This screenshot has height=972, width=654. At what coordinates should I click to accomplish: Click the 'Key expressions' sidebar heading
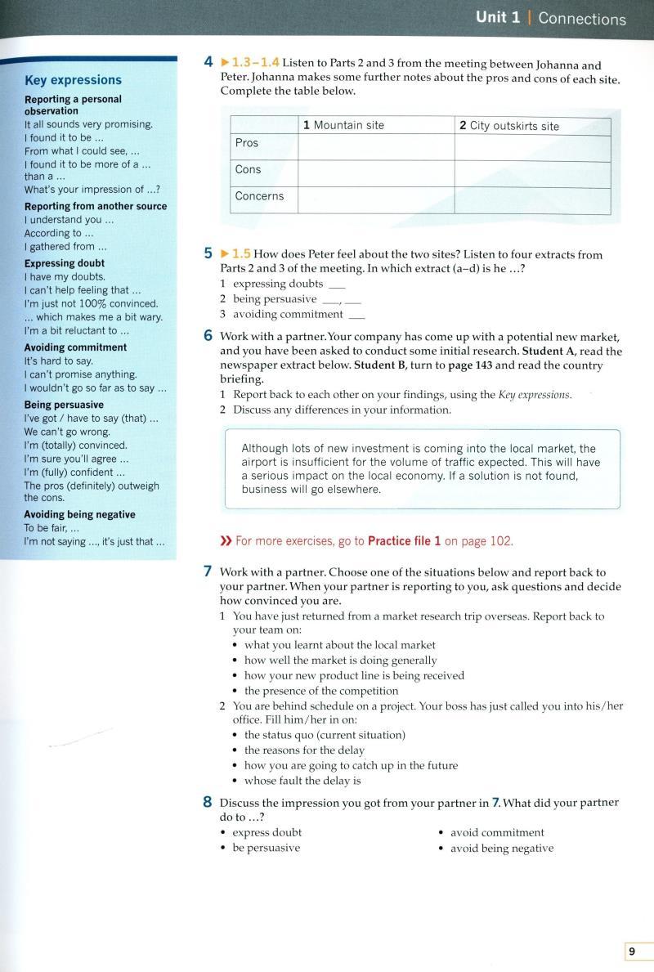[x=73, y=80]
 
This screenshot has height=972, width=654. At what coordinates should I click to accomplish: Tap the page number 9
[x=631, y=951]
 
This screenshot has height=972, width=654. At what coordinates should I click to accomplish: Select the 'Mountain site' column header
[x=343, y=125]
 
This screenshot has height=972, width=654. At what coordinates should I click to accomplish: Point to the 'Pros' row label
[x=247, y=143]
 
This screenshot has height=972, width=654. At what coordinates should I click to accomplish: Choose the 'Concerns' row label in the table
[x=259, y=196]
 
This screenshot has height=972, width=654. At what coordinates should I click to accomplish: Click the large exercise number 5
[x=208, y=254]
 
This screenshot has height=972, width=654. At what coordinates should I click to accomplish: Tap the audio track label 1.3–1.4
[x=256, y=62]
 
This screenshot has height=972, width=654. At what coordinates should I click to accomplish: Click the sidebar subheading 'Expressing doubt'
[x=65, y=263]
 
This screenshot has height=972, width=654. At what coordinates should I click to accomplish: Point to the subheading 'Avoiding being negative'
[x=80, y=514]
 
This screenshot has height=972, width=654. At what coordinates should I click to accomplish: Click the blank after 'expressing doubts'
[x=336, y=284]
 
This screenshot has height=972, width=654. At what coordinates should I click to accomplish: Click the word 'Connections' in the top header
[x=582, y=19]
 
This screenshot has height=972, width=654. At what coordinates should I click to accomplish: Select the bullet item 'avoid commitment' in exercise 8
[x=497, y=832]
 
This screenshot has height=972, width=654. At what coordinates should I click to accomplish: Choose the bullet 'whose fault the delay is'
[x=302, y=781]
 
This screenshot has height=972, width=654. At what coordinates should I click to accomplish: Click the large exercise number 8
[x=208, y=803]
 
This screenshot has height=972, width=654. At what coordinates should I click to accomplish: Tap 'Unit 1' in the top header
[x=498, y=18]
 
